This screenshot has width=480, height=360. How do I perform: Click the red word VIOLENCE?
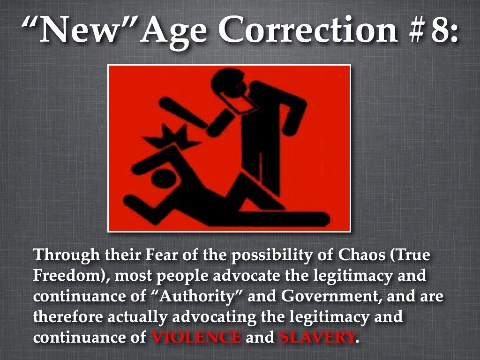click(196, 337)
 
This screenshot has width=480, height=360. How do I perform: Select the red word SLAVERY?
click(317, 337)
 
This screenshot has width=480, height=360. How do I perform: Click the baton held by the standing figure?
click(184, 112)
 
